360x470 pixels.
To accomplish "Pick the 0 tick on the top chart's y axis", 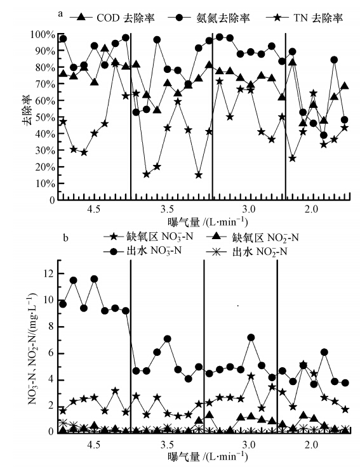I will point(51,200).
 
